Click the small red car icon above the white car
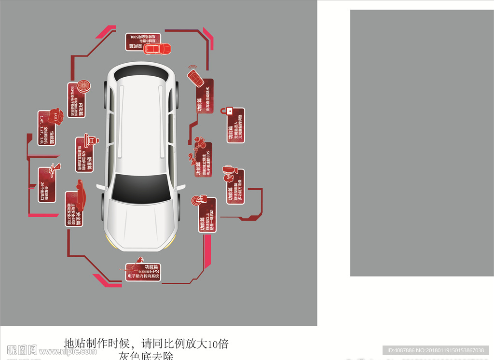pos(158,49)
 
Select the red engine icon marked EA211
pos(56,116)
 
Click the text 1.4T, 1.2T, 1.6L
pos(42,129)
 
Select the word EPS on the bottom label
pos(154,271)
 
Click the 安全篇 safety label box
pos(74,208)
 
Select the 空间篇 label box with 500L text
pos(142,42)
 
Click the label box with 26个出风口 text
pos(47,184)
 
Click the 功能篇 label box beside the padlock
pos(235,125)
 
